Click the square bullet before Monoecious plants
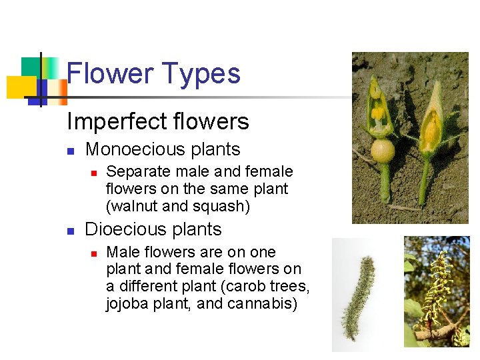point(71,151)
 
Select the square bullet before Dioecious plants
point(71,231)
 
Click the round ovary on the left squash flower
point(382,150)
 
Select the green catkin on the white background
point(357,293)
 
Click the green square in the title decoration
point(32,67)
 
